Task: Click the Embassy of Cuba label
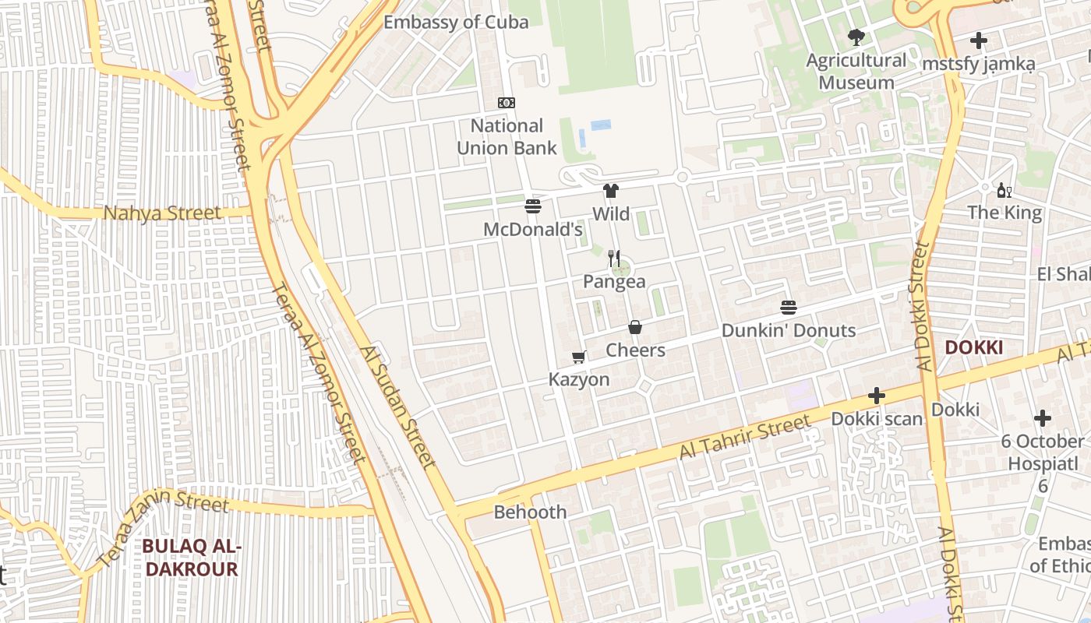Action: click(x=456, y=22)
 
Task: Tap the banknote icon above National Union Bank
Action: click(x=507, y=103)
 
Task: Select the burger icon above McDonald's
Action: click(x=533, y=206)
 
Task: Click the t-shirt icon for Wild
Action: click(x=610, y=191)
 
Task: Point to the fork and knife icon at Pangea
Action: click(x=614, y=259)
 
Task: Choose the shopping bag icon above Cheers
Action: click(x=635, y=327)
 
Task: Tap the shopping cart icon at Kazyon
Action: click(x=578, y=357)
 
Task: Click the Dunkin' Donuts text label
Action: click(x=788, y=330)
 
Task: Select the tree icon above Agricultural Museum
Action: click(x=856, y=37)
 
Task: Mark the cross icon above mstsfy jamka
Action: click(x=979, y=41)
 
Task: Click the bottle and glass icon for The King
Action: click(x=1004, y=190)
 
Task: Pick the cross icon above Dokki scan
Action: click(x=877, y=396)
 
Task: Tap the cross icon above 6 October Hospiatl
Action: click(x=1042, y=418)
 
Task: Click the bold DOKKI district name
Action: click(x=973, y=347)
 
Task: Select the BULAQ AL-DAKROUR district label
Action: click(x=191, y=558)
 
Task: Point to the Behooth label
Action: click(x=530, y=512)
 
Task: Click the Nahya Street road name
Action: click(x=162, y=213)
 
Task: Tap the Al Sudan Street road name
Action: click(x=397, y=407)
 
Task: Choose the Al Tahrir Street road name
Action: click(x=744, y=437)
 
